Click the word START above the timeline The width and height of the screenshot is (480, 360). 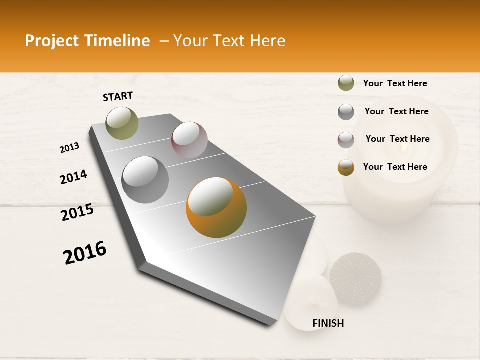(118, 96)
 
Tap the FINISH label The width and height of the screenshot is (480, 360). (328, 323)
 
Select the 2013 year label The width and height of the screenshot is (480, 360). (69, 148)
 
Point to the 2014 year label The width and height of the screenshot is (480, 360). (73, 177)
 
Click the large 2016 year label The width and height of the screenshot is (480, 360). (85, 253)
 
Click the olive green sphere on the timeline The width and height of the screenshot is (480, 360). (122, 123)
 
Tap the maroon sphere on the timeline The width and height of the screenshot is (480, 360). (189, 140)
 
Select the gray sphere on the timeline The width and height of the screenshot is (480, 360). (145, 180)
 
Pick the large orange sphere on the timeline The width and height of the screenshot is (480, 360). (216, 207)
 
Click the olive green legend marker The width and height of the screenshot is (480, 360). (346, 83)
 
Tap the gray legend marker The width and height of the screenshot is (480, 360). (346, 112)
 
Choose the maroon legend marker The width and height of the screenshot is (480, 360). (346, 140)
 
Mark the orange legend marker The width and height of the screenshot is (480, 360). (346, 167)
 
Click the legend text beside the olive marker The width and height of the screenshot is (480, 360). (395, 83)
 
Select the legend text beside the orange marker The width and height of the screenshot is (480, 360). (395, 167)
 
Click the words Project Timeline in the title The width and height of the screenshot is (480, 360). (87, 41)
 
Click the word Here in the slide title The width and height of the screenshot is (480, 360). (267, 41)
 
